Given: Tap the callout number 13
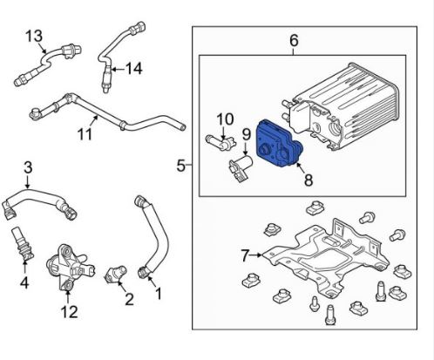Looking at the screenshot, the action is tap(34, 36).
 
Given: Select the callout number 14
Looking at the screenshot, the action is tap(134, 69).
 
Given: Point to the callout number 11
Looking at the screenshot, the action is tap(85, 134).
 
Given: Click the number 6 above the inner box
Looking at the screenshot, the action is tap(294, 40).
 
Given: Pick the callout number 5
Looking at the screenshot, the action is tap(180, 166).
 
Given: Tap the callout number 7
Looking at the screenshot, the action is tap(245, 256).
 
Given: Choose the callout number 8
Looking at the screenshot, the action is tap(309, 180).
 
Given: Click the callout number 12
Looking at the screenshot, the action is tap(70, 311).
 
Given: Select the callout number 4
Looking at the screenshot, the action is tap(24, 282).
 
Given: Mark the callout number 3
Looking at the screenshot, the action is tap(28, 168).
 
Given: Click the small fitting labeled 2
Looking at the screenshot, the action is tap(116, 275).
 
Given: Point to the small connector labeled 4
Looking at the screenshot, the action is tap(23, 243).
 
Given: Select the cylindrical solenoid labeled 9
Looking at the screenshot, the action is tap(241, 168).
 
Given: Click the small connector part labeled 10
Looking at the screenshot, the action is tap(220, 141).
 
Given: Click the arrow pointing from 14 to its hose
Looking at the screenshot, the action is tap(118, 69).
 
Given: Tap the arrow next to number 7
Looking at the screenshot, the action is tap(255, 255).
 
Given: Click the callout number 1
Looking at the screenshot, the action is tap(159, 294).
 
